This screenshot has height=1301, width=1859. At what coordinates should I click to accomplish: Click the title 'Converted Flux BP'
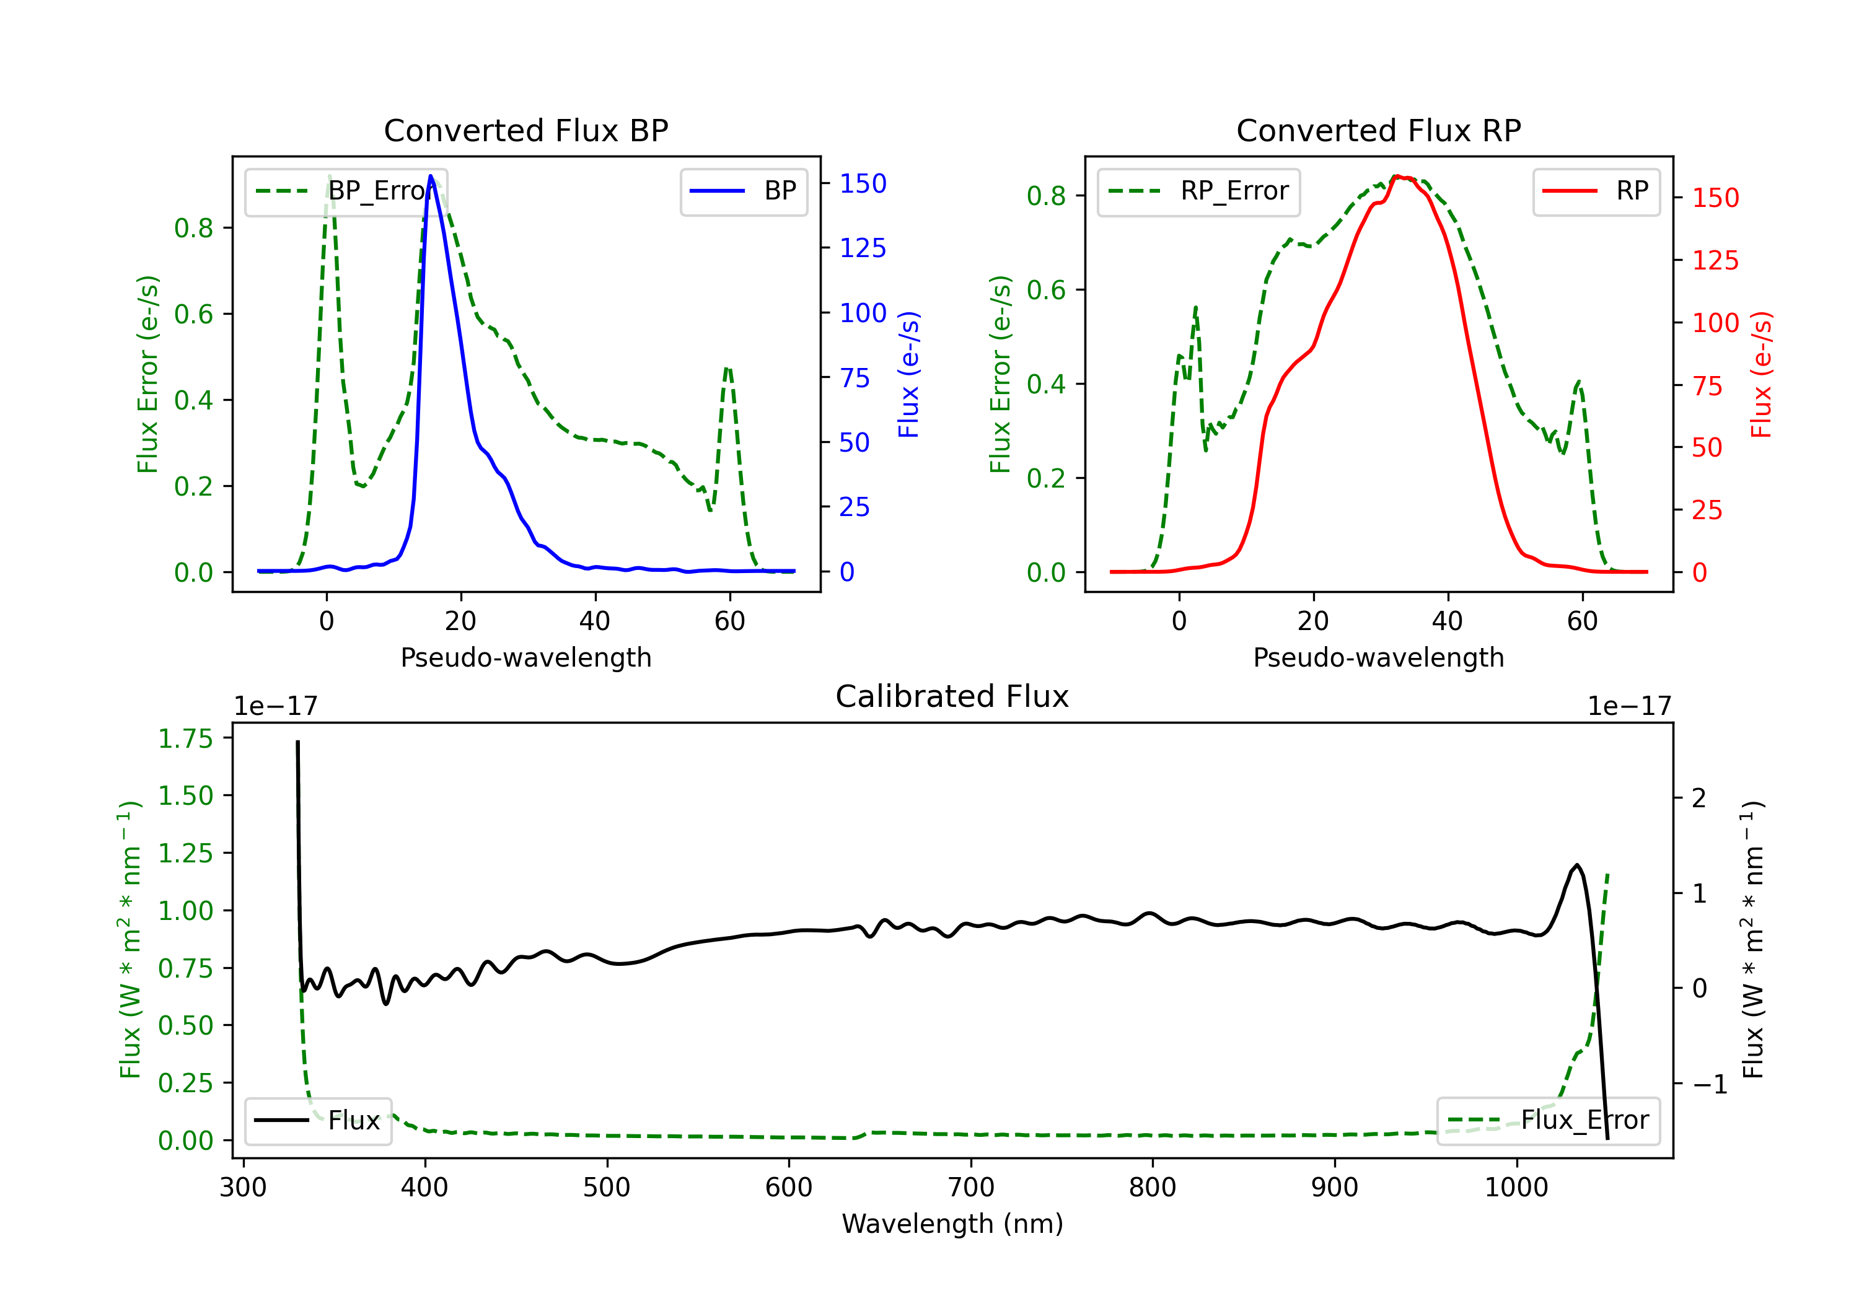525,130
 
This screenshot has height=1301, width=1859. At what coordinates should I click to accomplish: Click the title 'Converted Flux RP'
1378,130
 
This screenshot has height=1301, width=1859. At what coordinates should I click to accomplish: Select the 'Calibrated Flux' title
952,696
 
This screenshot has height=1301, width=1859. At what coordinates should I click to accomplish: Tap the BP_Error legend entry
346,191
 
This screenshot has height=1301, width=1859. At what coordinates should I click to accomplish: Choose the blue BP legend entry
743,191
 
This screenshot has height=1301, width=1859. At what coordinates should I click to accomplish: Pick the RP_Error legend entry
1198,191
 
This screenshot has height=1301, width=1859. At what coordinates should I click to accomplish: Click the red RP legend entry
1596,191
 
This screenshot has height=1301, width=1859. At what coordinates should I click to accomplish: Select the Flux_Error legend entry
1548,1121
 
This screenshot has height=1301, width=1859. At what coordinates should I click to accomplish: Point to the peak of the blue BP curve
431,176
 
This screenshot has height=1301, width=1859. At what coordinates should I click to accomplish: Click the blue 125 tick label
863,248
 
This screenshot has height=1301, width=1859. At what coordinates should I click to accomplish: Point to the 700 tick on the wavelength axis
971,1187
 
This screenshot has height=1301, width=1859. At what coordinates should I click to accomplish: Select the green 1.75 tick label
185,738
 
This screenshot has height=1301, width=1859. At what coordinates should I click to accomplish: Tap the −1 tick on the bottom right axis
1710,1084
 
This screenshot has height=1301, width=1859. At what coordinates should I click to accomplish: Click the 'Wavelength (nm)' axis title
952,1224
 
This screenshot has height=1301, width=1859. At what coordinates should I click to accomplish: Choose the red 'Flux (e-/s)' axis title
1761,374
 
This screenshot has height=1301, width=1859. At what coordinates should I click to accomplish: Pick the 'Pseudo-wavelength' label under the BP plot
526,657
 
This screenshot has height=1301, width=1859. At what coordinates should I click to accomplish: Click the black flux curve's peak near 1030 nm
1576,865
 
